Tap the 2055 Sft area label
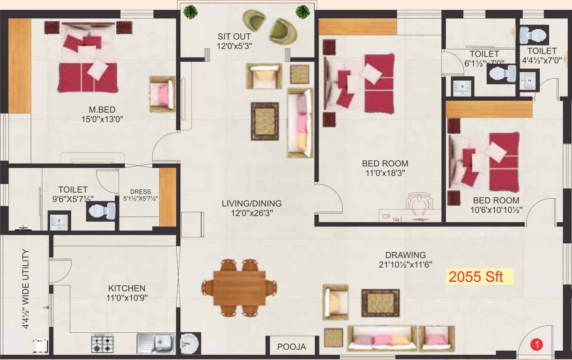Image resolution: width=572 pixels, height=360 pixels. coord(475,277)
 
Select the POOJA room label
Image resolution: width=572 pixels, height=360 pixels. coord(291,347)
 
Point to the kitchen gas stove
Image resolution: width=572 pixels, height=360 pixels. coord(102,343)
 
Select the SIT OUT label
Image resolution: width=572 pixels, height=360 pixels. coord(234,37)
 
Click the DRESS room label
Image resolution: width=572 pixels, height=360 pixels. coord(141,192)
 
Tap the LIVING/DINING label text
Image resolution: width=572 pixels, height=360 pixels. coord(252,203)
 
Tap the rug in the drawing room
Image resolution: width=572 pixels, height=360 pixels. coord(380,302)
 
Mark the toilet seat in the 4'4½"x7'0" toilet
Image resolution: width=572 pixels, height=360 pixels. coord(534,35)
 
